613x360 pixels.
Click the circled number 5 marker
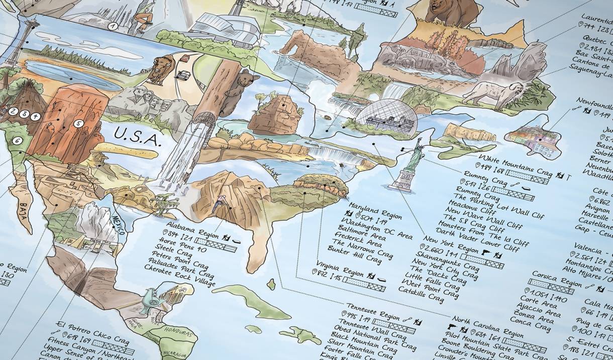coord(78,124)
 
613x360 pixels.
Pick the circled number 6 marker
coord(18,141)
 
